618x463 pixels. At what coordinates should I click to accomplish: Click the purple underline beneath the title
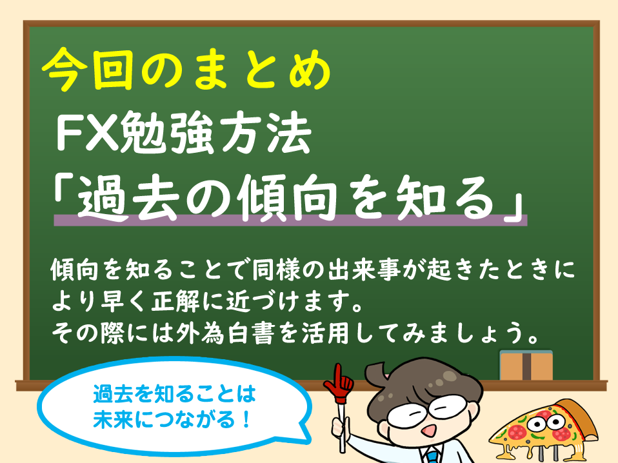point(290,220)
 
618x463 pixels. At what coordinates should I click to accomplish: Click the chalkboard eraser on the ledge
point(526,365)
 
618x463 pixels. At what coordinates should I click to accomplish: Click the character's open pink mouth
point(426,430)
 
